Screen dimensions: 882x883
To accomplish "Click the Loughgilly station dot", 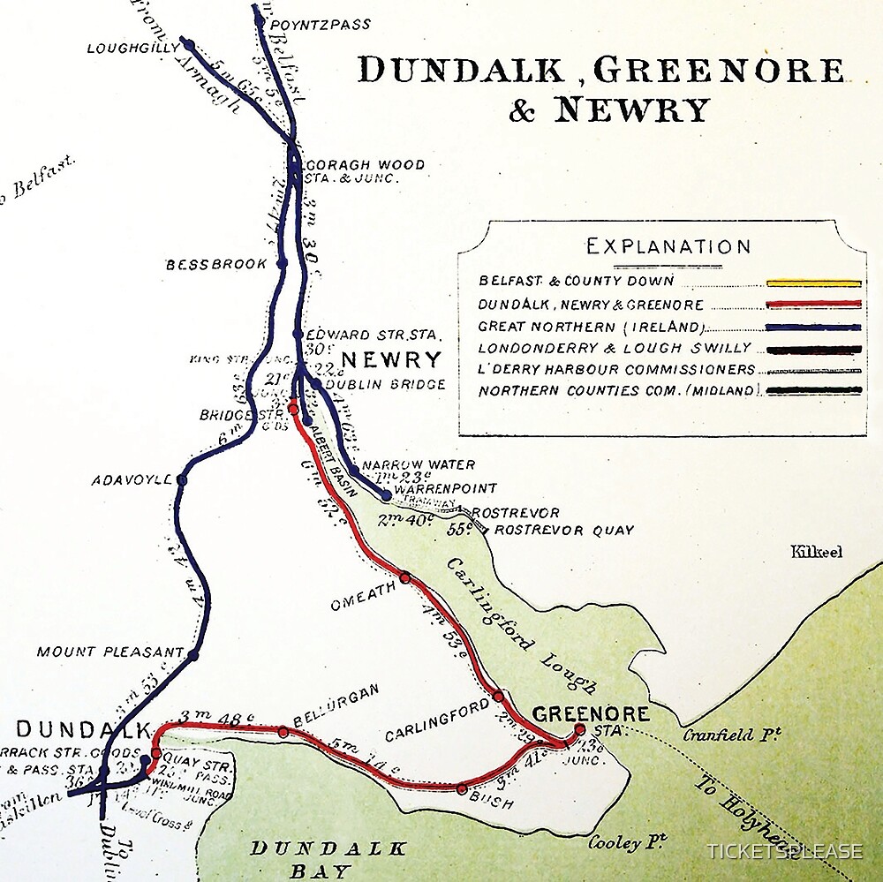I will [187, 43].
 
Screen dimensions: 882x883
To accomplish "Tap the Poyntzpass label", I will [321, 24].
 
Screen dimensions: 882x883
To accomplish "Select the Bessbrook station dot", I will [283, 263].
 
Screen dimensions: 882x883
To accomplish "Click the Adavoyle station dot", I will [182, 479].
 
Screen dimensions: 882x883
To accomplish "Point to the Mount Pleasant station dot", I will [193, 654].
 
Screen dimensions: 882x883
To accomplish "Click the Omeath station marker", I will [404, 577].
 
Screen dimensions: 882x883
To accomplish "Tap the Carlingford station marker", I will [498, 696].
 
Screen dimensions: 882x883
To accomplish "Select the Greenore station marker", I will [579, 729].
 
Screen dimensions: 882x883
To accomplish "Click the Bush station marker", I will [462, 788].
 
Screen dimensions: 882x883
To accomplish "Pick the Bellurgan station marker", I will [283, 731].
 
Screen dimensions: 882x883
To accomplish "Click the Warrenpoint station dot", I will [386, 495].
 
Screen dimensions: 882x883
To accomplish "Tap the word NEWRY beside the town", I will [391, 359].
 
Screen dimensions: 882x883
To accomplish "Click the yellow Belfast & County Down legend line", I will [813, 283].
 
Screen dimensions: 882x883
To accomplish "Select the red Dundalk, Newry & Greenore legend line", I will [813, 305].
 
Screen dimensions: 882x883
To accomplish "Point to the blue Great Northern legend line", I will [813, 327].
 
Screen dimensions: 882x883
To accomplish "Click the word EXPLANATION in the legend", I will [668, 246].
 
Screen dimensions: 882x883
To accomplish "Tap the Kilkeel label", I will [816, 552].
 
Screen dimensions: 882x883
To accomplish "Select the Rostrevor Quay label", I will [564, 530].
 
